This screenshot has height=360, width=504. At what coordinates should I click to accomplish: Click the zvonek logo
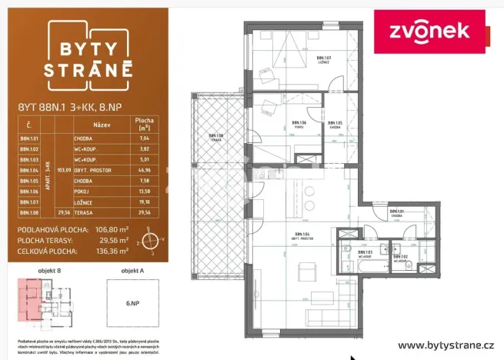click(432, 32)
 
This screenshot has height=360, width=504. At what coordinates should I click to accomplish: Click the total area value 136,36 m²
click(112, 250)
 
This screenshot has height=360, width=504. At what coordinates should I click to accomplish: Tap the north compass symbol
click(154, 240)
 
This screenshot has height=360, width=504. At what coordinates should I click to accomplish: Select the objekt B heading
click(48, 271)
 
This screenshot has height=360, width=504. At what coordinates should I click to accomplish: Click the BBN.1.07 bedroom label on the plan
click(323, 59)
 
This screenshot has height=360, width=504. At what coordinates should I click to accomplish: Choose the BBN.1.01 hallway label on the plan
click(396, 213)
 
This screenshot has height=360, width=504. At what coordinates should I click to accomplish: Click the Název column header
click(102, 123)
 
